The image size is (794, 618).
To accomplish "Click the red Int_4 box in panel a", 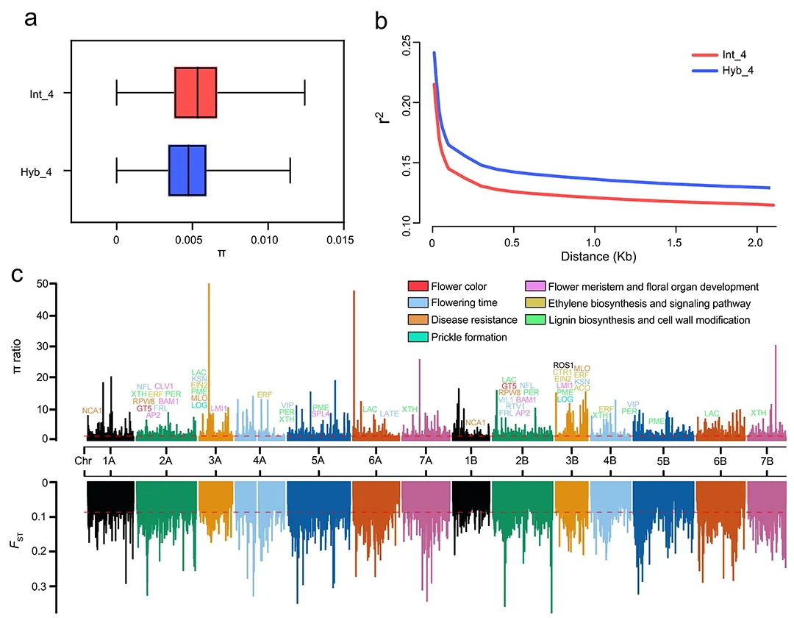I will (x=196, y=93).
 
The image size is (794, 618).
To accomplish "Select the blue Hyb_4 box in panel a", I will (x=187, y=170).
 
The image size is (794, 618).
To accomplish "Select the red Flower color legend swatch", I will (x=417, y=287).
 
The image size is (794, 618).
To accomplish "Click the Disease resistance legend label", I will (x=473, y=319).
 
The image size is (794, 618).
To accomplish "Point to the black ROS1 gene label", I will (x=563, y=365).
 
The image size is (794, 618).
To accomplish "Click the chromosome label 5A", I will (x=318, y=460).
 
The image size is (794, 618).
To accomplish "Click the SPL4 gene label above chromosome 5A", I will (x=321, y=414).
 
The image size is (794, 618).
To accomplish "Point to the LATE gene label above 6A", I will (x=390, y=414).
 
